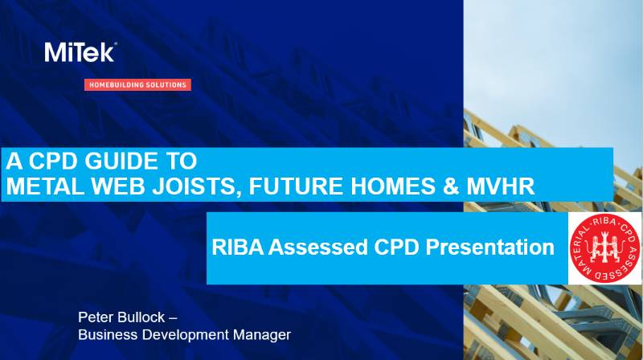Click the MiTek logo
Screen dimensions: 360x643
(80, 53)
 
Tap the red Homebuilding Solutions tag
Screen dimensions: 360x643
(137, 84)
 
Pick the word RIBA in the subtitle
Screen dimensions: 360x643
(235, 247)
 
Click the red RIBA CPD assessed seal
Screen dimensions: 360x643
(603, 248)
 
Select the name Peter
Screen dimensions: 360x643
(95, 317)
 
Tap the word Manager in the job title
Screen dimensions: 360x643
(262, 333)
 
